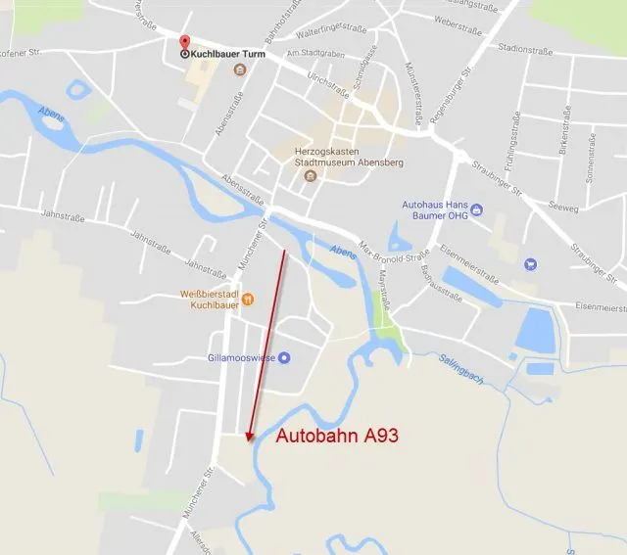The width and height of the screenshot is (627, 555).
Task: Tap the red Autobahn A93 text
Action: pyautogui.click(x=336, y=437)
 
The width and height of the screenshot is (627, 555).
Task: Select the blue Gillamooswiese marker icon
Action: pyautogui.click(x=284, y=357)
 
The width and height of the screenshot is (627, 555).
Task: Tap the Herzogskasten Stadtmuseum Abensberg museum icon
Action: pyautogui.click(x=311, y=177)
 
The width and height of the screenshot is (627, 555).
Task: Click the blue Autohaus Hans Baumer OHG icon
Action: pyautogui.click(x=476, y=208)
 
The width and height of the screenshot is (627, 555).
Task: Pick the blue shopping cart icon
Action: pyautogui.click(x=530, y=262)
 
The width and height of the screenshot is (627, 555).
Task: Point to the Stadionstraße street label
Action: pyautogui.click(x=525, y=46)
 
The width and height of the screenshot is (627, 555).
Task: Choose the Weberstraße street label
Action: pyautogui.click(x=458, y=19)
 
